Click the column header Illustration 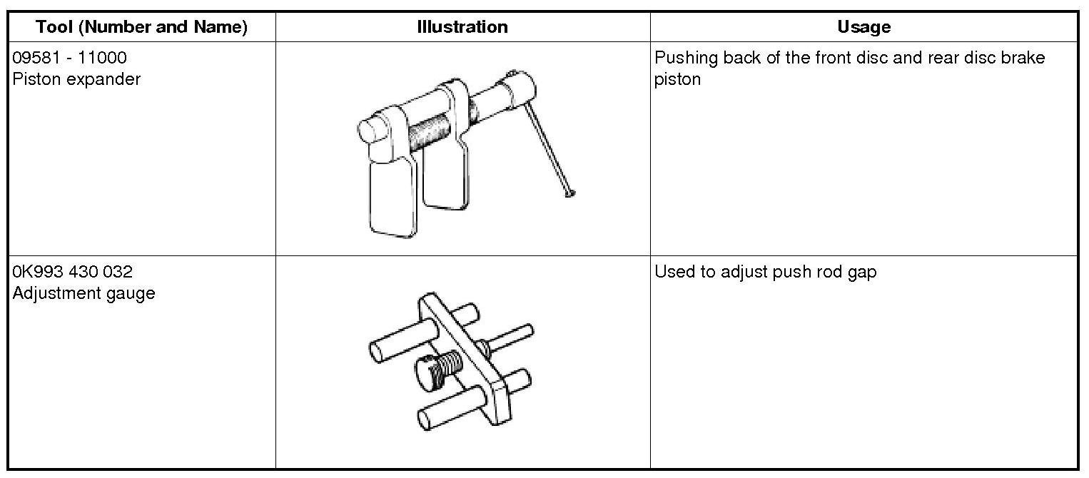(x=462, y=27)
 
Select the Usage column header (x=863, y=27)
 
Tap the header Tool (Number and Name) (x=141, y=27)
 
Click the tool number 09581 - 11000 (x=70, y=58)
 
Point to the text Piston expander (x=76, y=79)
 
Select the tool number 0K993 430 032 (x=72, y=272)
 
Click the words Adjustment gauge (x=83, y=293)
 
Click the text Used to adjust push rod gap (x=765, y=272)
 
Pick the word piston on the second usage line (x=677, y=79)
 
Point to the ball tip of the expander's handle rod (x=569, y=192)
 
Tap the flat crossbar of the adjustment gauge (x=468, y=357)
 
